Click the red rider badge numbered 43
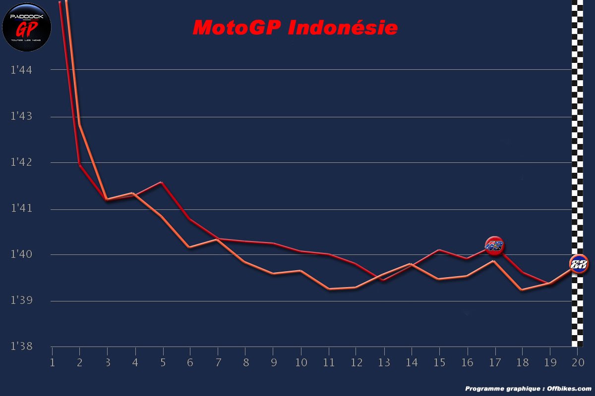click(494, 246)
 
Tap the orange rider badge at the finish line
click(578, 264)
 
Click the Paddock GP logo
click(27, 27)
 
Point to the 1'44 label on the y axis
click(21, 70)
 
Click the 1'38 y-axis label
click(21, 346)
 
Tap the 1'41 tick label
click(21, 208)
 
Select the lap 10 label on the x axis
click(300, 363)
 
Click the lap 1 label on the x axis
click(52, 363)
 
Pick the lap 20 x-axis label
click(577, 363)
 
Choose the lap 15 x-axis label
click(439, 363)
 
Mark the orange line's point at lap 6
click(189, 247)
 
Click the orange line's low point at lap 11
click(328, 289)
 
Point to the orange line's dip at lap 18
click(522, 290)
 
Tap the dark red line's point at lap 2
click(79, 165)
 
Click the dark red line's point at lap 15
click(439, 250)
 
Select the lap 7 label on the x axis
click(217, 363)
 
